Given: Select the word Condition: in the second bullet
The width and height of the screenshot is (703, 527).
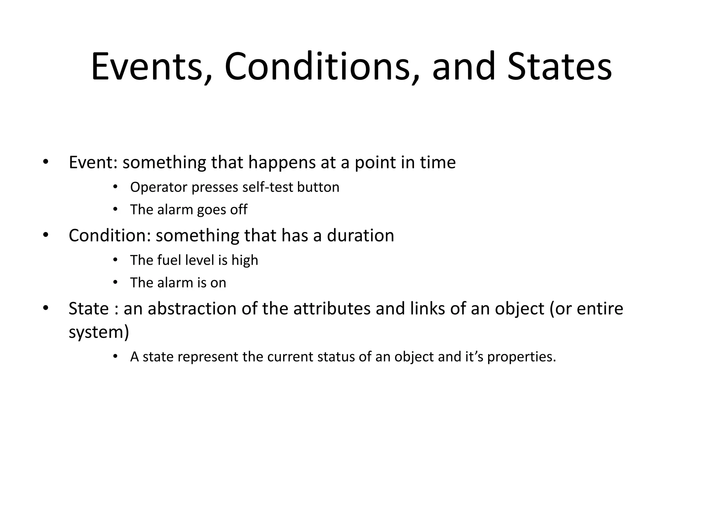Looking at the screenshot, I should click(x=110, y=236).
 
